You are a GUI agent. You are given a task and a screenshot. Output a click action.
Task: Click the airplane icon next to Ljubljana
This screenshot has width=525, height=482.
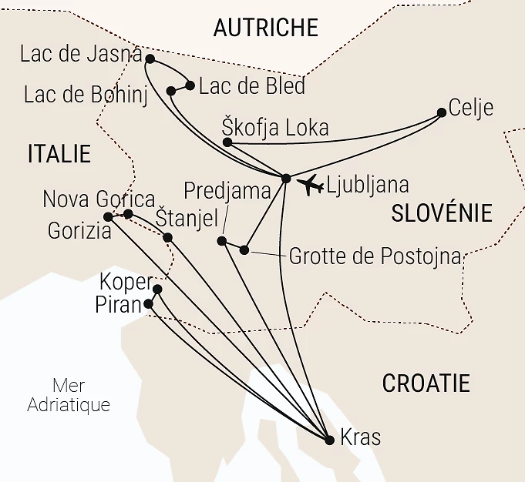coord(310,185)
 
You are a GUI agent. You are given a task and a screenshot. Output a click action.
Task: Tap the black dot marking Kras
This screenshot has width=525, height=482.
coord(330,440)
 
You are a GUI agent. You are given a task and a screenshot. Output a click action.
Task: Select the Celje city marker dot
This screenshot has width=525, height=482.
coord(442,112)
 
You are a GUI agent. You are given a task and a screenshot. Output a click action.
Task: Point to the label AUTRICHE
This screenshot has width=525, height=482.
coord(265,28)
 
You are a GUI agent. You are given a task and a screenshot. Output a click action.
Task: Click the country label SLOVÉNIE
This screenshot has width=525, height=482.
coord(441,213)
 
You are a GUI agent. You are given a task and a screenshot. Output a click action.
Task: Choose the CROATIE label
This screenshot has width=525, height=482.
coord(426,383)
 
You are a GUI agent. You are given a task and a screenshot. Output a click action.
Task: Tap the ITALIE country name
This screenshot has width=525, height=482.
coord(59,153)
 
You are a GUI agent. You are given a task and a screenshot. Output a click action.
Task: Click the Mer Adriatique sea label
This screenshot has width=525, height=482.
coord(68,395)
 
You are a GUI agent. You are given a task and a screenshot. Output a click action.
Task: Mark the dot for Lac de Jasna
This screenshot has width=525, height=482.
coord(150,59)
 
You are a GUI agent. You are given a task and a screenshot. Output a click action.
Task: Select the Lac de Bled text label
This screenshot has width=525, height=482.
coord(251,85)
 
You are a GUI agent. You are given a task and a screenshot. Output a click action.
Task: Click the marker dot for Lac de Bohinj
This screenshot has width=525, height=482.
coord(171,91)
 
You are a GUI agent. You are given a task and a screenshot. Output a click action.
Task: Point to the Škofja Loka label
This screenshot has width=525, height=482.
coord(275,127)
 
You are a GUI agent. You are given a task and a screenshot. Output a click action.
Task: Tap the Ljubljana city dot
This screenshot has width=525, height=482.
coord(286,179)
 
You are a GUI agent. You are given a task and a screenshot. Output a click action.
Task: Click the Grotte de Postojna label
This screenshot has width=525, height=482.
coord(375,256)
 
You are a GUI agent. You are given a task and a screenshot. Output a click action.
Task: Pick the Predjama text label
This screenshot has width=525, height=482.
coord(227,190)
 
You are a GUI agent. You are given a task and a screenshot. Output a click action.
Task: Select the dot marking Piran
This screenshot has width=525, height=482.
coord(149,303)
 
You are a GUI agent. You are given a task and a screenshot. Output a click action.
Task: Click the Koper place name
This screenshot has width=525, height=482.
coord(126,282)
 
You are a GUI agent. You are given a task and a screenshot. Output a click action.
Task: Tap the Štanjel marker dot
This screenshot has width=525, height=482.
coord(168,237)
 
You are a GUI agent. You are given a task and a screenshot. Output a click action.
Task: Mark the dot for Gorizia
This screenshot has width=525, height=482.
coord(109,217)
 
